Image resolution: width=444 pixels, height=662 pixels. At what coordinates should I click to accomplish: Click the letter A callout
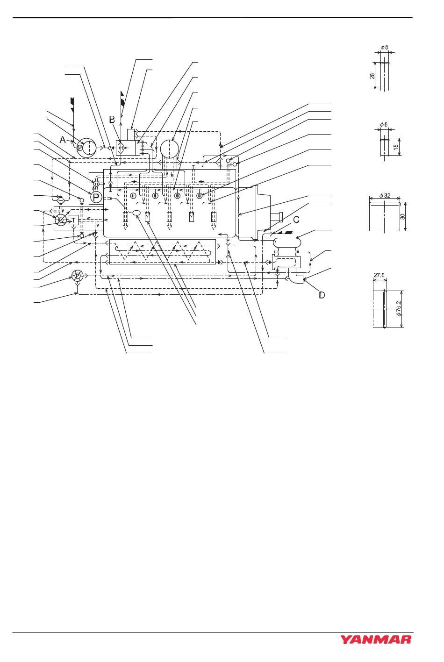tap(62, 139)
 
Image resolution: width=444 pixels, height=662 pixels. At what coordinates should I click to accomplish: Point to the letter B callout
tap(112, 120)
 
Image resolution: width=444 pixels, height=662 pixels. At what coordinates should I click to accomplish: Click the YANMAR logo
tap(376, 639)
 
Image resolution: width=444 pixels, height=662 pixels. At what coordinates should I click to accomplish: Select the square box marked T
tap(73, 220)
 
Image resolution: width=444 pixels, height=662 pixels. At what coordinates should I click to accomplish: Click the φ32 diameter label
tap(384, 195)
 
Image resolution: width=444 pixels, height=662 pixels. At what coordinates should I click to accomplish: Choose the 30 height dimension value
tap(403, 216)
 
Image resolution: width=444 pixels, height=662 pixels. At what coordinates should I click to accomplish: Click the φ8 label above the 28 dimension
tap(385, 47)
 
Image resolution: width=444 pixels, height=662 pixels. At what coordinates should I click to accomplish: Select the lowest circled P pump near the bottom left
tap(77, 276)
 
